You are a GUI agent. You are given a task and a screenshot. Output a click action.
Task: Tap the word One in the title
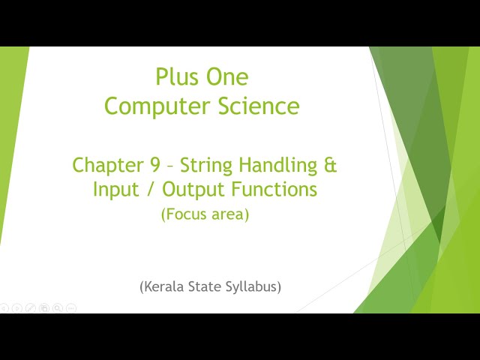[x=226, y=76]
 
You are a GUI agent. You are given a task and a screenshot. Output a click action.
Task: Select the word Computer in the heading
[x=151, y=106]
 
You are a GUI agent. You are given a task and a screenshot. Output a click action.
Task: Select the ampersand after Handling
[x=331, y=165]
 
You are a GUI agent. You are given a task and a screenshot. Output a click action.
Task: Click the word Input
[x=115, y=190]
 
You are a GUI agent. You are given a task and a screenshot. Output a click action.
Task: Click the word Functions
[x=274, y=190]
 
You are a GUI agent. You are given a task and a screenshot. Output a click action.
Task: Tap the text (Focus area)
[x=205, y=214]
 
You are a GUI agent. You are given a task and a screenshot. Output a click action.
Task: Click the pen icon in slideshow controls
[x=31, y=307]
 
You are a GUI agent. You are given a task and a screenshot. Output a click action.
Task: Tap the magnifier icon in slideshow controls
[x=58, y=307]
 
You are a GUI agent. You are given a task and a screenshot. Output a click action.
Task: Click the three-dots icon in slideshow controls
[x=71, y=307]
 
